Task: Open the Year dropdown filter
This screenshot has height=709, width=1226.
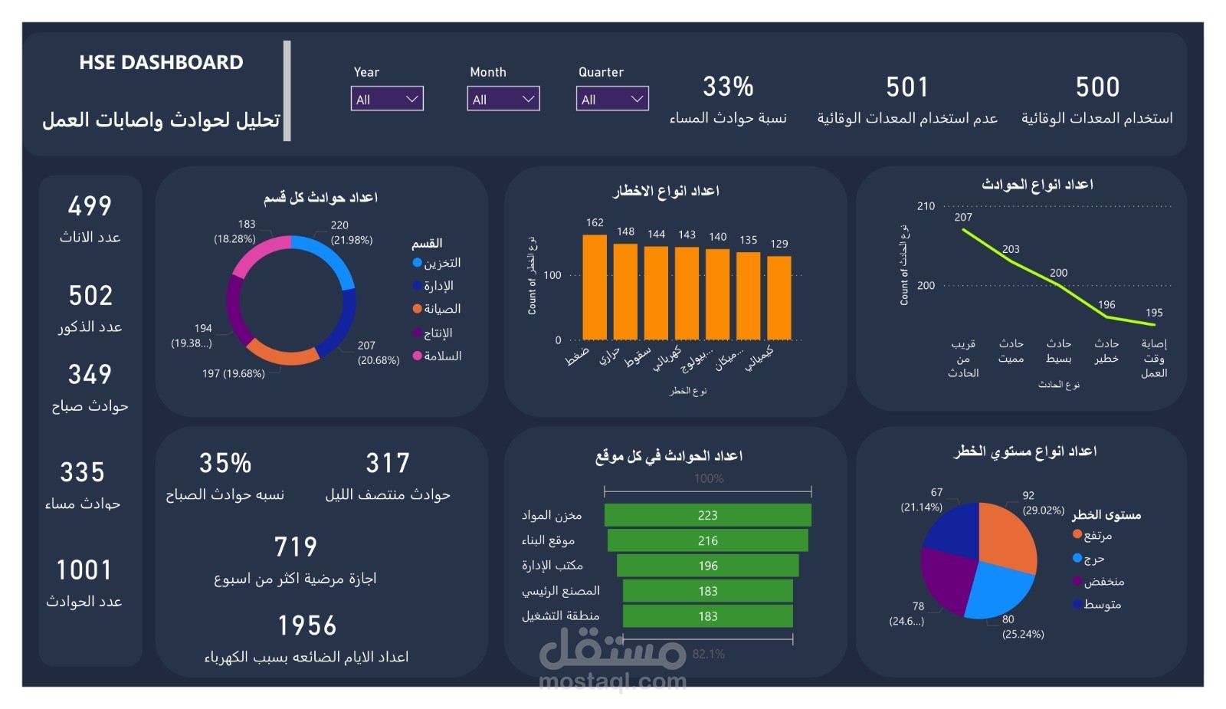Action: [387, 99]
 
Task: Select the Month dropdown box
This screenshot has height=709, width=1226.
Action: [503, 99]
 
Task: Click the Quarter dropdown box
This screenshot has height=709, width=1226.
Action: [612, 99]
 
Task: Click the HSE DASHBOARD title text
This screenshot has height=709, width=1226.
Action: [161, 63]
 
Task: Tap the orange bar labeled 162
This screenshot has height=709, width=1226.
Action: [595, 287]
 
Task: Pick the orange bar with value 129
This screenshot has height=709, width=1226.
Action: [779, 297]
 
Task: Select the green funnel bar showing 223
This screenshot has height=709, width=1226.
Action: [707, 515]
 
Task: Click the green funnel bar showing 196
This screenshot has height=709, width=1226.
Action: [707, 566]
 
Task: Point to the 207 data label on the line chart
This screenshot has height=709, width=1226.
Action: [963, 218]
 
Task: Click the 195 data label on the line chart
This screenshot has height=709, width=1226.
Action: [1154, 313]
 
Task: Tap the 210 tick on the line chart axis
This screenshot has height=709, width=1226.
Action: [926, 206]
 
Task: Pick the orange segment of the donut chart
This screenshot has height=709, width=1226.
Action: [283, 354]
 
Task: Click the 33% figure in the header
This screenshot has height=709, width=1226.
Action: [728, 87]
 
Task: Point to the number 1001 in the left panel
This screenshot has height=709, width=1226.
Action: [84, 570]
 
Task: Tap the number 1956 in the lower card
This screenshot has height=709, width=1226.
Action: [306, 626]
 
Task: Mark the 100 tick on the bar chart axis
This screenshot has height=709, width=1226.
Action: [552, 275]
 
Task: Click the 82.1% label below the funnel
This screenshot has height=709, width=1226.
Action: [708, 654]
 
